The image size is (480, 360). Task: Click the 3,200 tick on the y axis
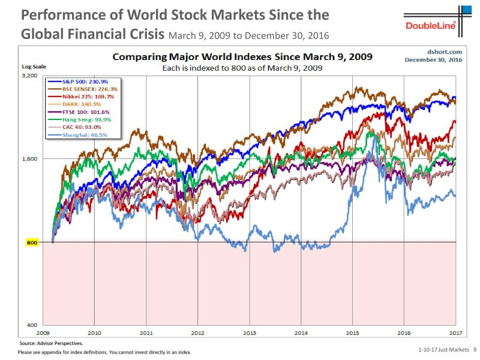coord(30,76)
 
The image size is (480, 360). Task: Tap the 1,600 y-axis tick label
coord(30,159)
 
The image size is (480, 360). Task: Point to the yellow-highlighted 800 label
coord(32,242)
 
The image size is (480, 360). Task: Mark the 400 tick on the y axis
coord(32,325)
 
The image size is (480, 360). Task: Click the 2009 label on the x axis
coord(43,332)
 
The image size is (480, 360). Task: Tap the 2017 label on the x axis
coord(455,332)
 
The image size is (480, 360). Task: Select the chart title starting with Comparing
coord(242,58)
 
